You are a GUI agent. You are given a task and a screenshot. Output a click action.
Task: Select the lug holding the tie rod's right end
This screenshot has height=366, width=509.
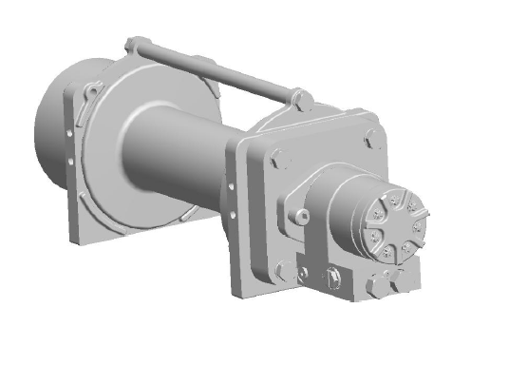[301, 98]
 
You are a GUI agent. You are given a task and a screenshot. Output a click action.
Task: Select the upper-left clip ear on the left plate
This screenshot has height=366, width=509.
[93, 90]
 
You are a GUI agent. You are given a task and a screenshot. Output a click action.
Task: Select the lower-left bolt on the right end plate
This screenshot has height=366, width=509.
[280, 271]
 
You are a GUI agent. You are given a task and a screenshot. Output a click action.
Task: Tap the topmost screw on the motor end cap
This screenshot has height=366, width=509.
[392, 198]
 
